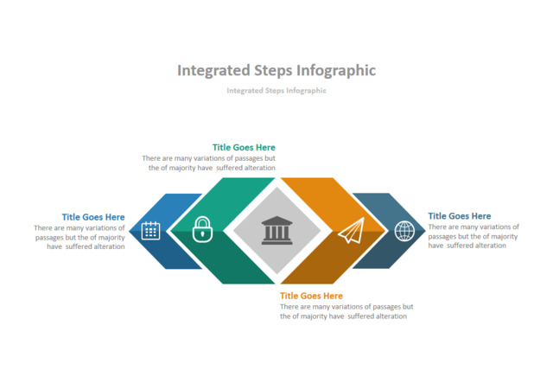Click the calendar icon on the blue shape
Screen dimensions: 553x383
(x=150, y=231)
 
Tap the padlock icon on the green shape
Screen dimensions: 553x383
(x=202, y=229)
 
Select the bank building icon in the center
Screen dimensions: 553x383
(x=276, y=230)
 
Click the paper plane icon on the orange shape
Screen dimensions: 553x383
(x=352, y=230)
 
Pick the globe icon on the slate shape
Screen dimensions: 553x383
(x=404, y=231)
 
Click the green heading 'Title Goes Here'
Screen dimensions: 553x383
(x=244, y=147)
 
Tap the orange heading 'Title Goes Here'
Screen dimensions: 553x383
(x=311, y=296)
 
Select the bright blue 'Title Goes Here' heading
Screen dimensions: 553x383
(x=93, y=217)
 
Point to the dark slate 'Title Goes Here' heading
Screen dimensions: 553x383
(x=460, y=216)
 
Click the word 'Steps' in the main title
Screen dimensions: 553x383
(x=274, y=71)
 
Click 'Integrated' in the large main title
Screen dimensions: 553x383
(x=214, y=71)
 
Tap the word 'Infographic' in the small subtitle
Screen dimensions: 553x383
(x=306, y=91)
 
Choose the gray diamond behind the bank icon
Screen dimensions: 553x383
(x=276, y=231)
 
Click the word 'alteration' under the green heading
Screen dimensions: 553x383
(x=260, y=168)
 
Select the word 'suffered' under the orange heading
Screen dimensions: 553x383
(x=360, y=316)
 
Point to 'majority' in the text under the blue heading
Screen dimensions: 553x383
(x=111, y=238)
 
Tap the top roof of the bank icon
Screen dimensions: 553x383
(x=276, y=220)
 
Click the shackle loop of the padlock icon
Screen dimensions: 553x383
(x=202, y=222)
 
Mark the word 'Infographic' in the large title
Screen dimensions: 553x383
(x=336, y=71)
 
